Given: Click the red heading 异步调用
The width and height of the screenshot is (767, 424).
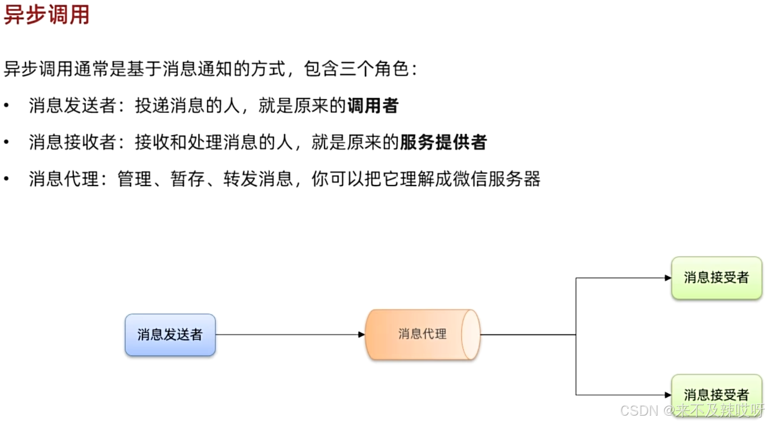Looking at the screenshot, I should point(47,15).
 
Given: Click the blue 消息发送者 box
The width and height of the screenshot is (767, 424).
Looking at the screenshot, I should point(170,335).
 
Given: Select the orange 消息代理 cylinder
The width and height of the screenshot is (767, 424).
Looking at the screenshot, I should point(422,334).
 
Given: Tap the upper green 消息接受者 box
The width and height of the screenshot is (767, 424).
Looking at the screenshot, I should point(716,277).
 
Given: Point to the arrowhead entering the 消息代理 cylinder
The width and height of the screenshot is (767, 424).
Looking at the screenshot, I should point(361,335).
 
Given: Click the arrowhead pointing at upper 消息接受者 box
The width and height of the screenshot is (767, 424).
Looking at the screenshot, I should point(668,278).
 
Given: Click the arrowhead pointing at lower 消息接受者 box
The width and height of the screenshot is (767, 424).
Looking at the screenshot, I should point(668,395).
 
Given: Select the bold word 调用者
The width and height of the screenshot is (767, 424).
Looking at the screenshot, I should point(373,106).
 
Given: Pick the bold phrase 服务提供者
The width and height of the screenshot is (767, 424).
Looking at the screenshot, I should point(443,142).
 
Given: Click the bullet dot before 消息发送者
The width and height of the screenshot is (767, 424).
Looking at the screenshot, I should point(6,105).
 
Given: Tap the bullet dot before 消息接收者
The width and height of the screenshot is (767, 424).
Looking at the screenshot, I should point(6,142).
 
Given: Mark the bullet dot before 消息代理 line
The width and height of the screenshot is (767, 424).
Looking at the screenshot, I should point(6,179).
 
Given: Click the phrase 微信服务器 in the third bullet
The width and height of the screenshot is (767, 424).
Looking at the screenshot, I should point(496,179).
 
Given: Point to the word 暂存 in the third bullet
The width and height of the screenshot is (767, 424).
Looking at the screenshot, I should point(188,179).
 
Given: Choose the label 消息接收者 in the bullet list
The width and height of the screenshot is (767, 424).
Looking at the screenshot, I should point(72,142).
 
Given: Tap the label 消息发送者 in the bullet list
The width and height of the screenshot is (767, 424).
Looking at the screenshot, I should point(72,106).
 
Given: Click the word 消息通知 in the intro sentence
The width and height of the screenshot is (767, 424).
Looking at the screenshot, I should point(197,69).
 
